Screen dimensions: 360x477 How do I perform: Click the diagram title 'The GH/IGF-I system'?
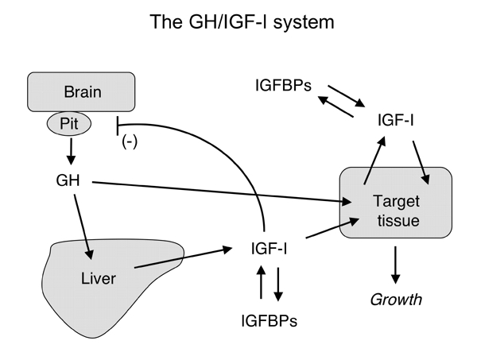238,22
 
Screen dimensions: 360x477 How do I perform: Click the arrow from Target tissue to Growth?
395,268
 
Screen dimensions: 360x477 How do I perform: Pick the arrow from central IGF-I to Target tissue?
318,235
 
